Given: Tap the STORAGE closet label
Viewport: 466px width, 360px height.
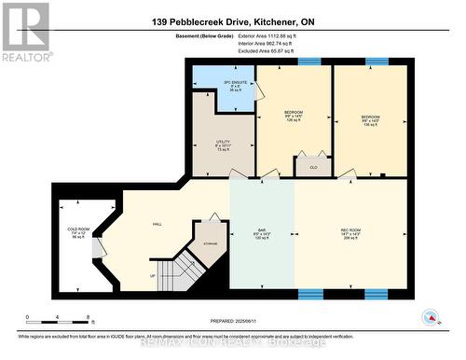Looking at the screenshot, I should tap(211, 241).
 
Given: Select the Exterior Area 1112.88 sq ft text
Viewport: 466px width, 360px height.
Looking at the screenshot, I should tap(272, 35).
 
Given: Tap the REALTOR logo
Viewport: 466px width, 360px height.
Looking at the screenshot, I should tap(25, 32).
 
